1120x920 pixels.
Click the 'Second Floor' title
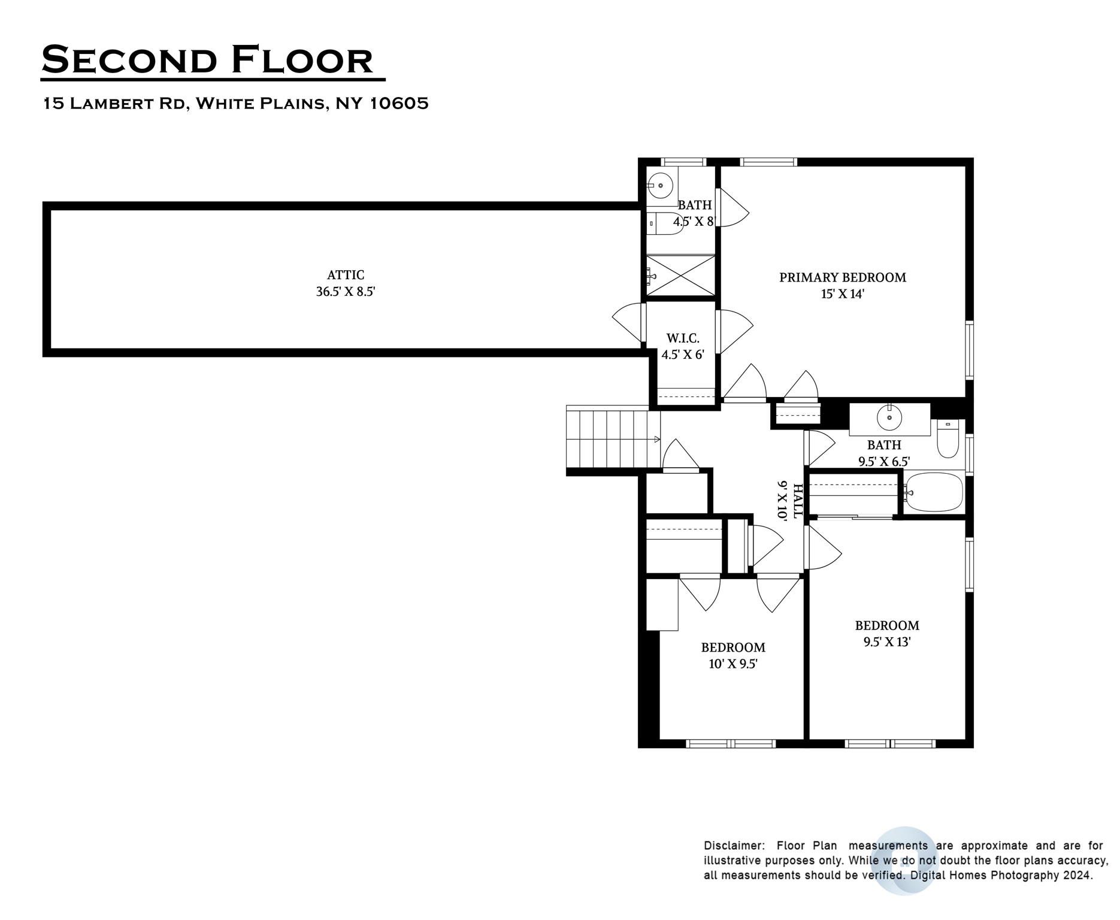pos(207,60)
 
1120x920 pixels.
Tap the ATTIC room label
pos(346,275)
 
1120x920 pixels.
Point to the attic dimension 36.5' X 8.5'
pos(346,292)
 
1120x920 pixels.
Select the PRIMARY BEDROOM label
pos(842,277)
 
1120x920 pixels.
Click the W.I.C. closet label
pos(683,338)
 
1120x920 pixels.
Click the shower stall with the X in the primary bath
pos(681,275)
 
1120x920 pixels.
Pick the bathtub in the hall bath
pos(934,492)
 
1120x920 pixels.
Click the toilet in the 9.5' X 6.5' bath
pos(948,441)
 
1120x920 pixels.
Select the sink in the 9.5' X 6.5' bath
pos(889,417)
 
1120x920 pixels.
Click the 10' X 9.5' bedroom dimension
pos(733,664)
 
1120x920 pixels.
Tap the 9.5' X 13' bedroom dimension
pos(886,642)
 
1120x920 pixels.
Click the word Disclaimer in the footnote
pos(734,846)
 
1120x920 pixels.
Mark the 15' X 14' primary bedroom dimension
pos(842,294)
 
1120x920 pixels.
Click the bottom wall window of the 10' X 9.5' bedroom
pos(731,744)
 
